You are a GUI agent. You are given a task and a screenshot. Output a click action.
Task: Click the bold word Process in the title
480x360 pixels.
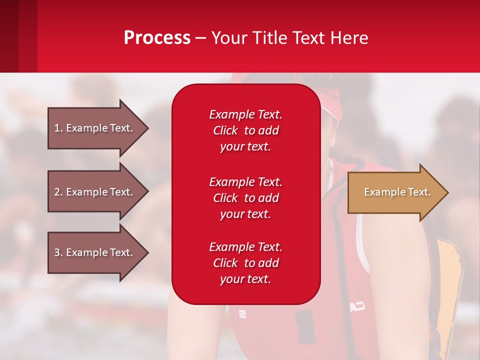coord(157,38)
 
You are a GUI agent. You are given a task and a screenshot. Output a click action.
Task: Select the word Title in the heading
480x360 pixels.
coord(269,38)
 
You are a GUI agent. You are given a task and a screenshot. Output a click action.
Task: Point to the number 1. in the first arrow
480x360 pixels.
coord(58,128)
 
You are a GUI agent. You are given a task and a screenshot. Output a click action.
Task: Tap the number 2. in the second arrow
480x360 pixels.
coord(58,192)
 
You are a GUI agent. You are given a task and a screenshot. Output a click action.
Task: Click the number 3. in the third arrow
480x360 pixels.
coord(58,252)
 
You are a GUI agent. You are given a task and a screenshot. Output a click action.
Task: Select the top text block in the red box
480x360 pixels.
coord(245,130)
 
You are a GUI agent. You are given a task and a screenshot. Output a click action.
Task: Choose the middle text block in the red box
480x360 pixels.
coord(245,198)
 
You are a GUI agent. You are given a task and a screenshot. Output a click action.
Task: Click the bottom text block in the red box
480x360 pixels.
coord(245,263)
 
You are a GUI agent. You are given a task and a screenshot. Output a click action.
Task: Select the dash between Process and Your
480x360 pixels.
coord(201,38)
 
